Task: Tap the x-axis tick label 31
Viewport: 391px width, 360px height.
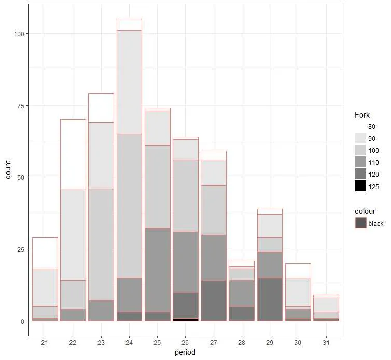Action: coord(326,342)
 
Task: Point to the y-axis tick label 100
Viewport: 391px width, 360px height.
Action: coord(19,34)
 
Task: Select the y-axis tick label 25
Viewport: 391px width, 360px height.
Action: coord(20,249)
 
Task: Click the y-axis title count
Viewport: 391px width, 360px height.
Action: coord(8,177)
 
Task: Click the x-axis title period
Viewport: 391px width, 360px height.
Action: coord(185,353)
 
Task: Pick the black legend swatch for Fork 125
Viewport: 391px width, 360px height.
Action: coord(360,186)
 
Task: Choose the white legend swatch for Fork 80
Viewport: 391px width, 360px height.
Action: coord(360,127)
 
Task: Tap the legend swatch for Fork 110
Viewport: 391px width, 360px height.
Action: coord(360,163)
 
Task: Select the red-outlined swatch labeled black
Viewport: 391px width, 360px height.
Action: coord(360,223)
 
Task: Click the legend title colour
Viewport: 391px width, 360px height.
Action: coord(365,211)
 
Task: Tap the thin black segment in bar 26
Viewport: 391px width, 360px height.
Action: coord(185,320)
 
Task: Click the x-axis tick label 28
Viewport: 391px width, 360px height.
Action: coord(242,342)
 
